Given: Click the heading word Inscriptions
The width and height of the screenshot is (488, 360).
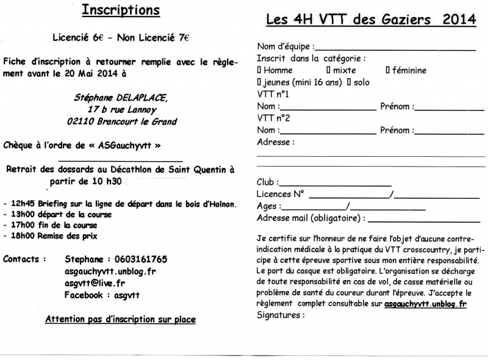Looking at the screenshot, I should pos(121,11).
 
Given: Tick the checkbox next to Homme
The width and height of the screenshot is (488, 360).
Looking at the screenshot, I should pos(259,70).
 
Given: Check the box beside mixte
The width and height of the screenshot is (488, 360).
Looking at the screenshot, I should pos(328,70).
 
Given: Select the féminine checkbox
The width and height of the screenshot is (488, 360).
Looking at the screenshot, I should pos(387,70).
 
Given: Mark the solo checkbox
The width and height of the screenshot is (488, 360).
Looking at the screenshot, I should pos(349,82).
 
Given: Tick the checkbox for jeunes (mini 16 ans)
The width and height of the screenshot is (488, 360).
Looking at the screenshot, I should pos(259,82).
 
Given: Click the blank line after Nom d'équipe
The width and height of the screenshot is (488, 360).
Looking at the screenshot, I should pos(395,48).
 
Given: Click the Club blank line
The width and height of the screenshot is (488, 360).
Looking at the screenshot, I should pos(335,184).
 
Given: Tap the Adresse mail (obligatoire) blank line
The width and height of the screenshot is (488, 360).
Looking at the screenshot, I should pos(423,219).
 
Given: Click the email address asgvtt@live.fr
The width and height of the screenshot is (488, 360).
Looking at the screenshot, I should pos(95,283).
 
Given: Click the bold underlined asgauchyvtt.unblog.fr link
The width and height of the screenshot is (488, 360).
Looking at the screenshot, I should pos(425,303).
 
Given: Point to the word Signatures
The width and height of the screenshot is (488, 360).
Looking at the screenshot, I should pos(280,315).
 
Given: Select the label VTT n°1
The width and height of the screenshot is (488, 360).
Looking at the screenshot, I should pos(273,95).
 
